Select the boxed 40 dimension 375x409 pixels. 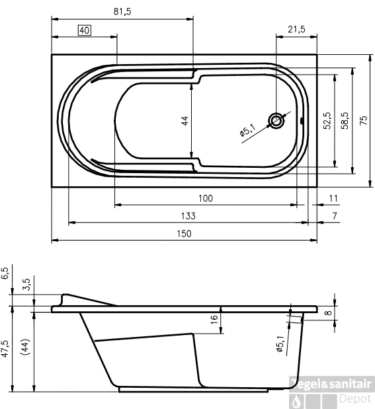tap(84, 30)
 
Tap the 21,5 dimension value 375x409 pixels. tap(296, 30)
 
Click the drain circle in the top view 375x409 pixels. tap(276, 120)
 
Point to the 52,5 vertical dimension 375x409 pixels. tap(327, 120)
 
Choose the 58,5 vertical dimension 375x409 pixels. tap(344, 120)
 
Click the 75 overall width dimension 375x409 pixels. tap(363, 120)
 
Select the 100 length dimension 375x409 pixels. tap(205, 198)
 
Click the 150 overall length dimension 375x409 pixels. tap(184, 233)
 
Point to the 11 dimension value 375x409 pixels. tap(333, 198)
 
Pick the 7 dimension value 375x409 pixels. tap(335, 216)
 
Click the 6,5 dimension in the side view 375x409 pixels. tap(6, 272)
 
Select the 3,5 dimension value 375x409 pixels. tap(26, 285)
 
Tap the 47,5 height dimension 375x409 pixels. tap(6, 349)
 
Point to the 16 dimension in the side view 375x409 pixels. tap(213, 319)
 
